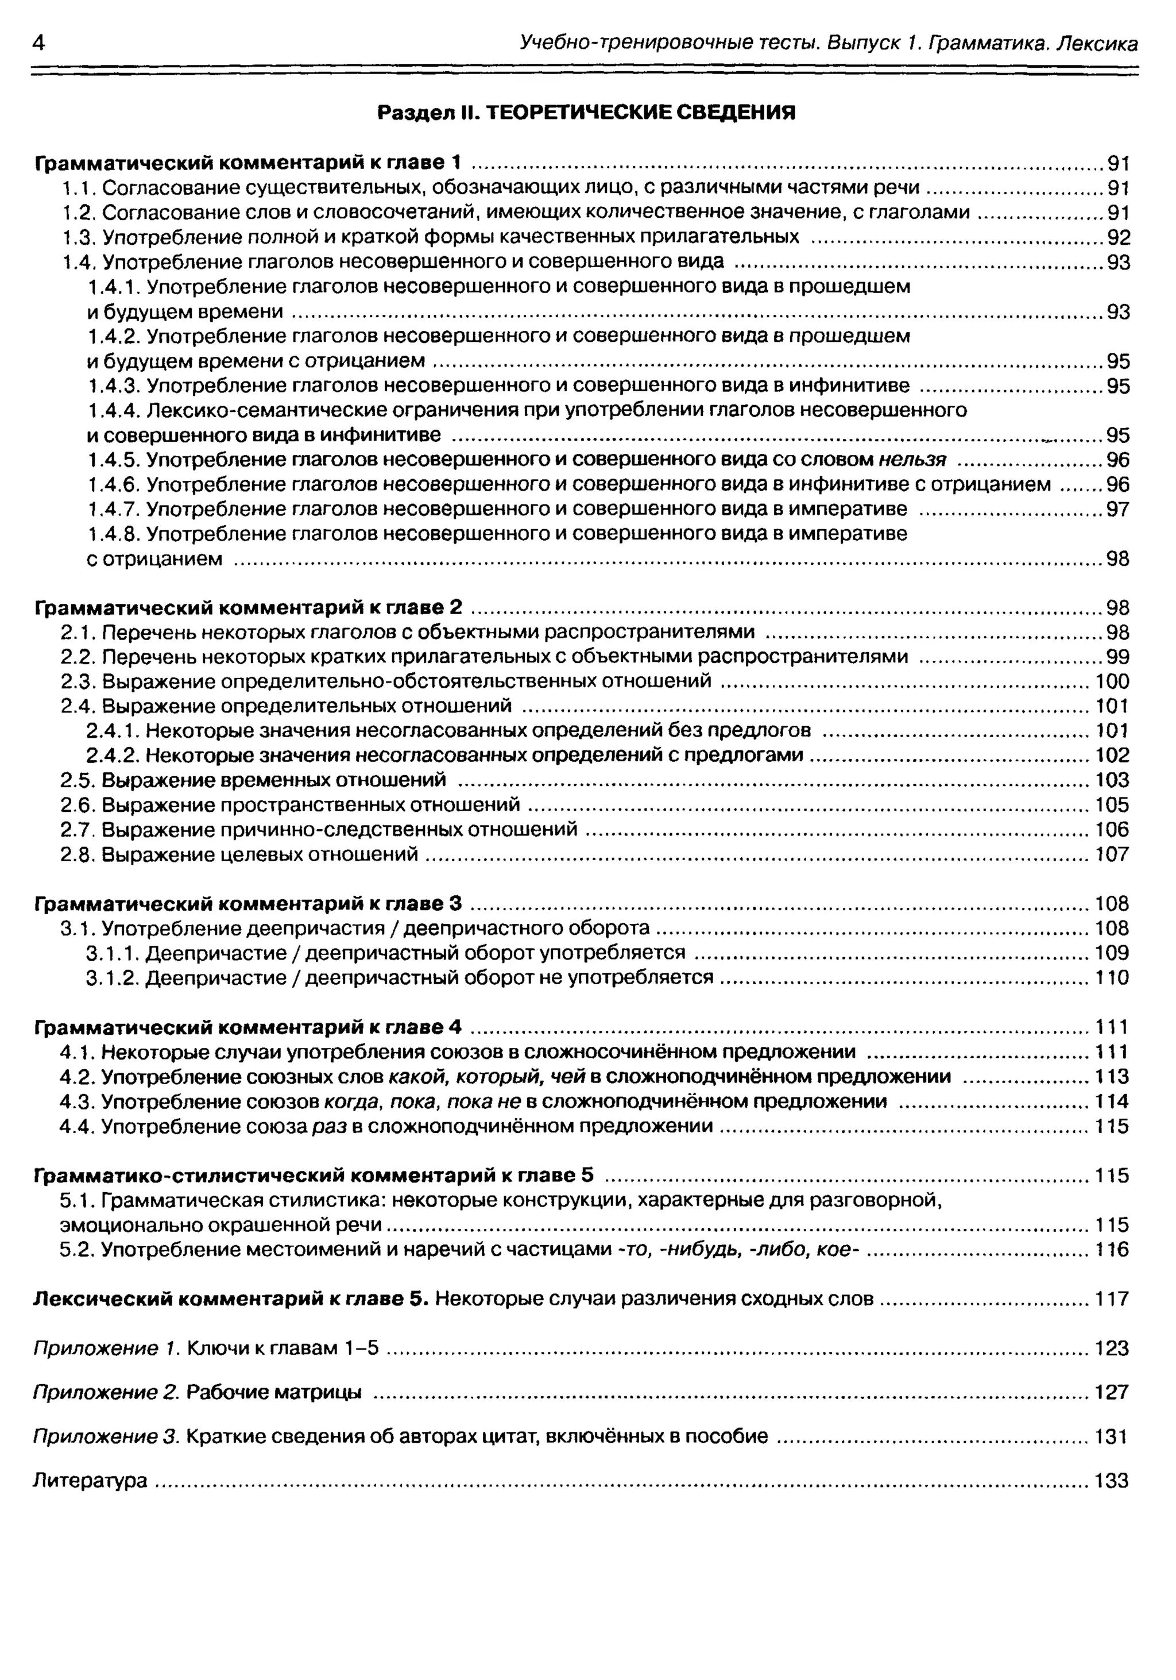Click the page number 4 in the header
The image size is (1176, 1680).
pos(40,44)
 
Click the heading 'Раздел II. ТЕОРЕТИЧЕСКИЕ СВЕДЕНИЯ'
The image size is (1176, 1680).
pos(586,113)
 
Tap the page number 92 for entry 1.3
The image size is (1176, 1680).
pos(1118,238)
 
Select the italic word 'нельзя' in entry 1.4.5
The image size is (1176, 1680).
pos(912,460)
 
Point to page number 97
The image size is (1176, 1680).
pos(1117,509)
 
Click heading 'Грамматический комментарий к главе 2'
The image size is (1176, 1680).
pos(249,608)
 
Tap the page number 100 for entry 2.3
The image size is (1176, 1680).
pos(1112,682)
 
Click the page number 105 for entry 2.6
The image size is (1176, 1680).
pos(1112,805)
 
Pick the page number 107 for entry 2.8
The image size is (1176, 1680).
pos(1112,854)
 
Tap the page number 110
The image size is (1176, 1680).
pos(1112,977)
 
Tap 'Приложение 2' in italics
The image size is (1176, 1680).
pos(107,1392)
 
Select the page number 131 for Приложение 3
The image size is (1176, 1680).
pos(1112,1436)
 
